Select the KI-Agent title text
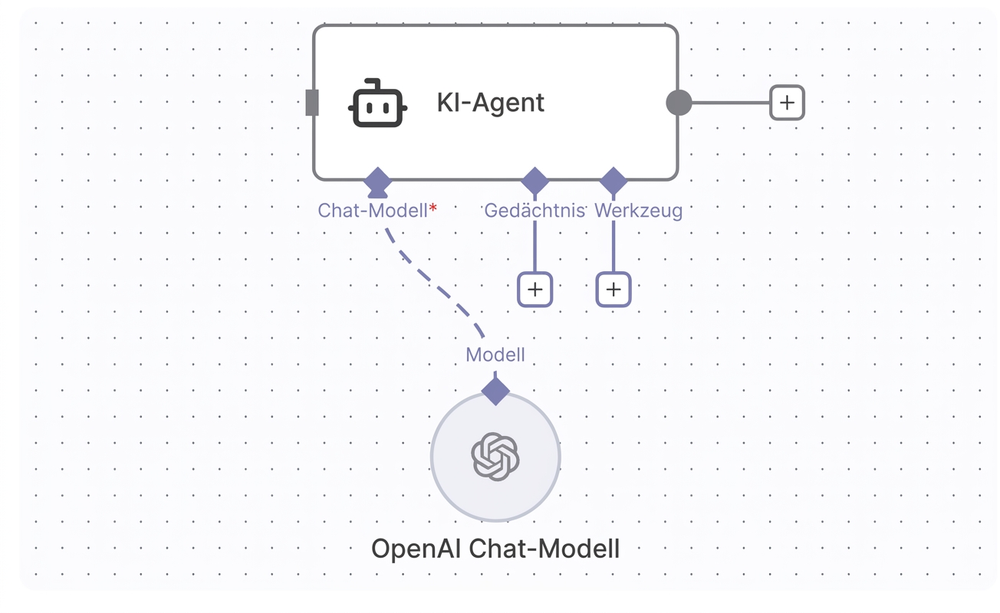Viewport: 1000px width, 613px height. (x=490, y=103)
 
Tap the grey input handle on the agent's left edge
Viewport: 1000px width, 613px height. (x=312, y=103)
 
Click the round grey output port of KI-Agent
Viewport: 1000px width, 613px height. (x=679, y=103)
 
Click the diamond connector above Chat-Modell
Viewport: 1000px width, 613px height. (x=377, y=182)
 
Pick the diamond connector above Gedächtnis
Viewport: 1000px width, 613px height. (x=535, y=182)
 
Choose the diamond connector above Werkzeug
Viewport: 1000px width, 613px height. (x=613, y=182)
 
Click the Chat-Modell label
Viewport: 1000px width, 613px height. (x=373, y=211)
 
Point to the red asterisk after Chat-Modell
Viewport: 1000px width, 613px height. (x=433, y=208)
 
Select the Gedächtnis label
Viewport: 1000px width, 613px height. (x=535, y=211)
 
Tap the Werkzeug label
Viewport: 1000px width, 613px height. (x=638, y=211)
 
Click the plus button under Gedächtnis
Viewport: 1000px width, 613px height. (x=535, y=290)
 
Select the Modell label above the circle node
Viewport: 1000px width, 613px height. (x=495, y=355)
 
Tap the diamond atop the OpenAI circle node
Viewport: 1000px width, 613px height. (x=495, y=391)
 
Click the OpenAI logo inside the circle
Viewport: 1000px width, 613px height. (x=495, y=457)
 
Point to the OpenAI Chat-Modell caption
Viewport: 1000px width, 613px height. (x=495, y=549)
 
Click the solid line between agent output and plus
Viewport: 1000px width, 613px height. (x=731, y=103)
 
